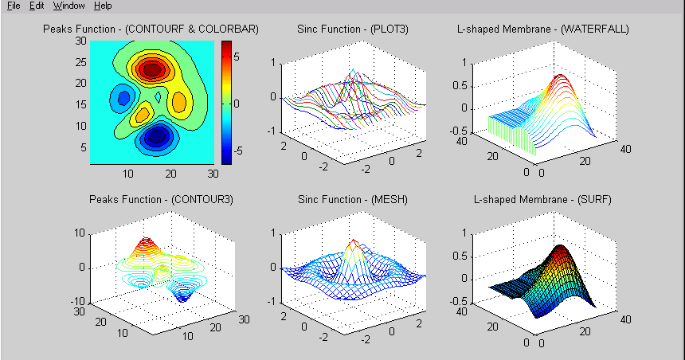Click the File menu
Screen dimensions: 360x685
pyautogui.click(x=13, y=6)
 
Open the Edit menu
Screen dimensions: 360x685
pyautogui.click(x=37, y=6)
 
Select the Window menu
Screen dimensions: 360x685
pyautogui.click(x=68, y=6)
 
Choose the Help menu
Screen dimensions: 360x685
pyautogui.click(x=103, y=6)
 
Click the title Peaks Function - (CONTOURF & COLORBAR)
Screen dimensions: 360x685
pyautogui.click(x=151, y=29)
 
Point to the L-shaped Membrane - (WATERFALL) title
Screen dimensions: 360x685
pyautogui.click(x=543, y=29)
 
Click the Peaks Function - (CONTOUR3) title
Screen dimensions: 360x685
pyautogui.click(x=151, y=199)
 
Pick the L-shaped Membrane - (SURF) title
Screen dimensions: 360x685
pyautogui.click(x=543, y=199)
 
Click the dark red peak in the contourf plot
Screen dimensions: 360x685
pyautogui.click(x=151, y=69)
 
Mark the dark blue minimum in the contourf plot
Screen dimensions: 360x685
pyautogui.click(x=157, y=137)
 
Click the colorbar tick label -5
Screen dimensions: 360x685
pyautogui.click(x=238, y=149)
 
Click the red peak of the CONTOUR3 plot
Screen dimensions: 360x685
pyautogui.click(x=145, y=242)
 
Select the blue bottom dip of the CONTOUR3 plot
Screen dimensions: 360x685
pyautogui.click(x=182, y=297)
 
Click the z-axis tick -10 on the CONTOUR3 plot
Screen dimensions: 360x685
pyautogui.click(x=78, y=301)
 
